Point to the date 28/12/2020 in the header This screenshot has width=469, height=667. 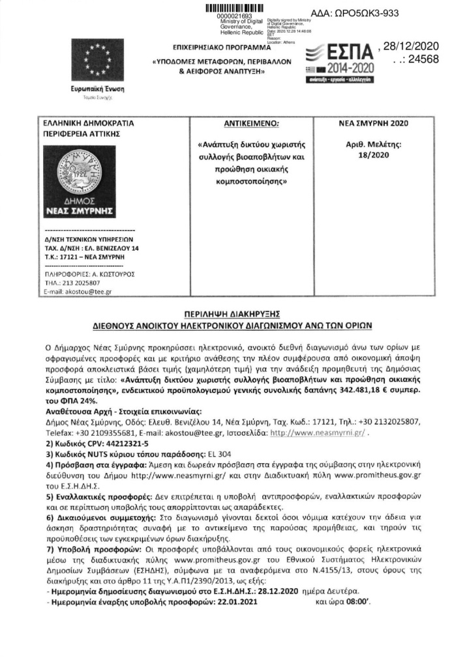click(412, 46)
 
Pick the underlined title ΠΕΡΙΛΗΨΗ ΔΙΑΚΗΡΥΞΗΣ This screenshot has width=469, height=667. click(234, 313)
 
